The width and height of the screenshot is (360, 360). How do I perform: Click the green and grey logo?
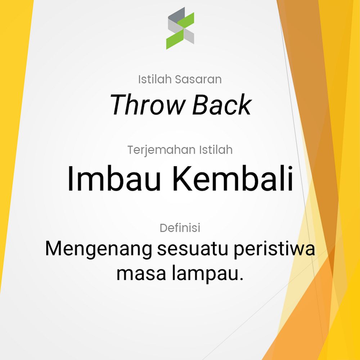pos(180,28)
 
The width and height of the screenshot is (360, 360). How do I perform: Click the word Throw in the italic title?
pos(147,105)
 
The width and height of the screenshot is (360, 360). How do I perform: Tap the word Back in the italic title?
pos(222,105)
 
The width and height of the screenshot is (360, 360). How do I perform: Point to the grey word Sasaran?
pos(198,79)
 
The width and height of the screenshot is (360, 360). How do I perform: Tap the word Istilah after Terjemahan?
pos(216,150)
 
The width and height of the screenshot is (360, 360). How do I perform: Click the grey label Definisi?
pos(180,228)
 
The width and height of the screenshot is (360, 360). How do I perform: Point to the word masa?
pos(141,274)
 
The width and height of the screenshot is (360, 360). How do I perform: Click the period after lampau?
pos(241,279)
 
